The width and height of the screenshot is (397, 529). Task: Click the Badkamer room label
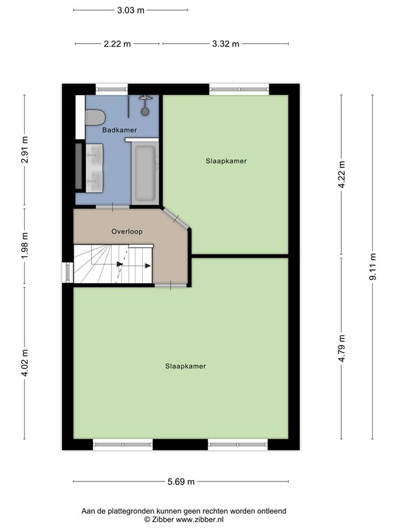click(119, 130)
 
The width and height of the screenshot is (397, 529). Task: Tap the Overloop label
click(127, 232)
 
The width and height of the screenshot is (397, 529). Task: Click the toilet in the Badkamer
click(94, 117)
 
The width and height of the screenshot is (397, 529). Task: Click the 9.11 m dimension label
click(373, 267)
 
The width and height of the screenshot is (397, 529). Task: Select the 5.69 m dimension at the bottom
click(181, 481)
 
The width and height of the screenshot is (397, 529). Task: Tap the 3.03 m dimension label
click(130, 10)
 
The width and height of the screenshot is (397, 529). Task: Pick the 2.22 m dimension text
click(117, 43)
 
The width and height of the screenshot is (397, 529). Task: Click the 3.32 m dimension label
click(225, 43)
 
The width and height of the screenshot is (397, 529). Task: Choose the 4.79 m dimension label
click(342, 348)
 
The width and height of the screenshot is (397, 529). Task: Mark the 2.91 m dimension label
click(25, 152)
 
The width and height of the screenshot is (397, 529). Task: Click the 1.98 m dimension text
click(25, 246)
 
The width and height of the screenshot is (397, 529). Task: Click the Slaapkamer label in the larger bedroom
click(185, 366)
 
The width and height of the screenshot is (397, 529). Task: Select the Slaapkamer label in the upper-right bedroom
click(226, 161)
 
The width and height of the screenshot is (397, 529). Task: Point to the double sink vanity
click(94, 167)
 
